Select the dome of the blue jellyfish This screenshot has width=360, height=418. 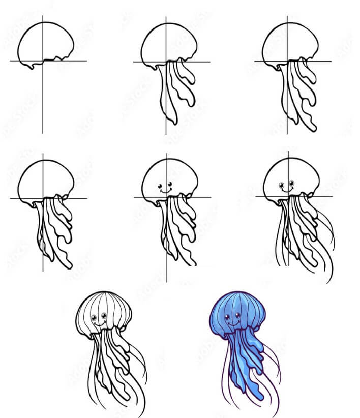[235, 305]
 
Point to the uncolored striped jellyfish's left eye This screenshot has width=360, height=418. [95, 319]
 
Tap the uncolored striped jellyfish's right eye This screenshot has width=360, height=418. [105, 316]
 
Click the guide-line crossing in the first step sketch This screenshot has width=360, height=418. [43, 61]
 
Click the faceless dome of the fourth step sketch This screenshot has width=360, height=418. [45, 181]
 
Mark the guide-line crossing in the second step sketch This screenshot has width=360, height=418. [166, 62]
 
